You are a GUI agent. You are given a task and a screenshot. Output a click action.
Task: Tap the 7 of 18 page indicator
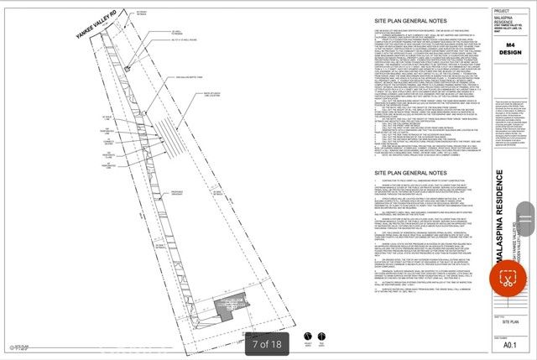click(x=267, y=343)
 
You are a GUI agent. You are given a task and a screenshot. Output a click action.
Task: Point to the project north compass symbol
click(x=307, y=338)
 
